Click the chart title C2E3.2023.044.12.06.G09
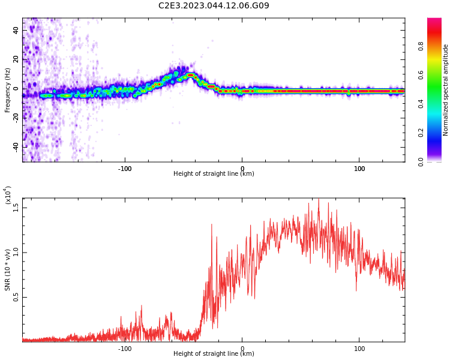[214, 5]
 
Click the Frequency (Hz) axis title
[7, 90]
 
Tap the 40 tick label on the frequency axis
[16, 31]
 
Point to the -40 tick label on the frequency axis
[16, 148]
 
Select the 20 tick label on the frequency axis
[16, 60]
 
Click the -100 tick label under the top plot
[125, 169]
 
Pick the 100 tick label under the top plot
[359, 169]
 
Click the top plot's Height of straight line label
[214, 173]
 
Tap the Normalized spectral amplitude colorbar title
[445, 90]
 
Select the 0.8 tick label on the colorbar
[421, 46]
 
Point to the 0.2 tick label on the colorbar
[421, 133]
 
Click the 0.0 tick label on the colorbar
[421, 162]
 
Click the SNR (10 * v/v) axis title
[7, 270]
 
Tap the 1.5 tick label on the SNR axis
[16, 208]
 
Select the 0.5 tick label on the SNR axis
[16, 297]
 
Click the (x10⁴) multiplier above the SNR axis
[8, 195]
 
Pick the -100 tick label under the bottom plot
[125, 349]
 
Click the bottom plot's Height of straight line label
[214, 353]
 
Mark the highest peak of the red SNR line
[319, 199]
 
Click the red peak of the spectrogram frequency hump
[191, 75]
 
